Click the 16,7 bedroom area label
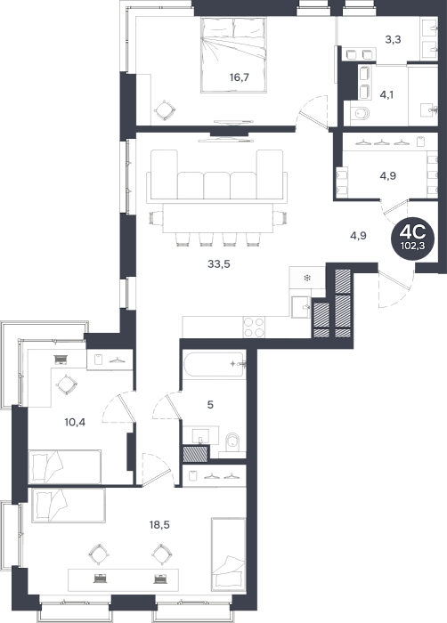pyautogui.click(x=239, y=77)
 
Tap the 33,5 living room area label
pyautogui.click(x=219, y=263)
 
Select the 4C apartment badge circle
pyautogui.click(x=412, y=238)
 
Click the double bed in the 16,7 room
pyautogui.click(x=233, y=55)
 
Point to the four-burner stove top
pyautogui.click(x=254, y=327)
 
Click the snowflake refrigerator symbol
pyautogui.click(x=307, y=278)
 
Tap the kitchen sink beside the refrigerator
pyautogui.click(x=300, y=307)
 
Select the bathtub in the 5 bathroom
pyautogui.click(x=214, y=365)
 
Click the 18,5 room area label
pyautogui.click(x=159, y=525)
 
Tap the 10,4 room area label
pyautogui.click(x=75, y=422)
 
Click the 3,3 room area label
pyautogui.click(x=393, y=39)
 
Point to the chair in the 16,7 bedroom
pyautogui.click(x=164, y=111)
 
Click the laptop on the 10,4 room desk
pyautogui.click(x=61, y=360)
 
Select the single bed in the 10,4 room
pyautogui.click(x=65, y=467)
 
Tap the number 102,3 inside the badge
pyautogui.click(x=412, y=246)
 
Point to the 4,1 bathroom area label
pyautogui.click(x=386, y=95)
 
